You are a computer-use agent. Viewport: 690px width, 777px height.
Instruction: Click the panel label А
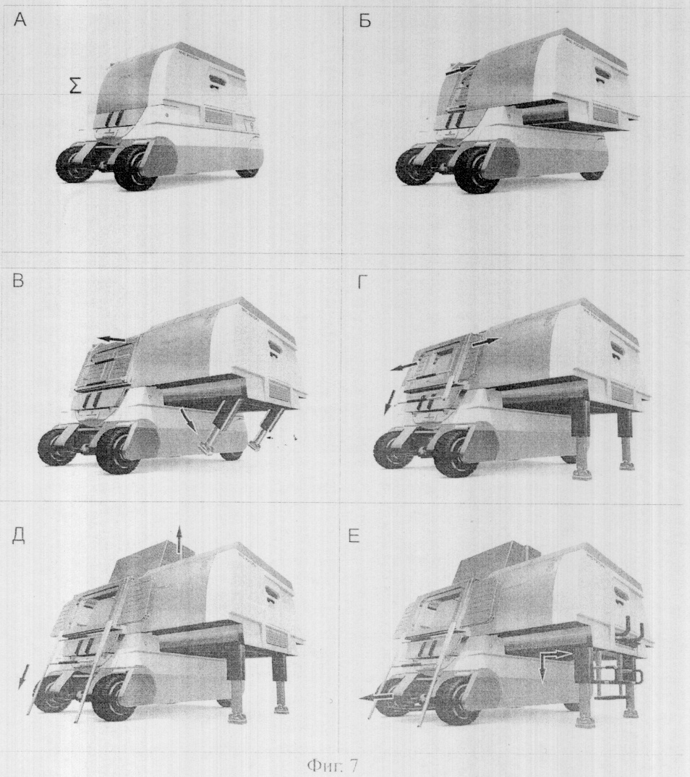coord(20,20)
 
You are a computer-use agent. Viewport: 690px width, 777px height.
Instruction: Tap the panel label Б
coord(365,21)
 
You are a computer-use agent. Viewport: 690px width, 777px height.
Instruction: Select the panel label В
coord(17,281)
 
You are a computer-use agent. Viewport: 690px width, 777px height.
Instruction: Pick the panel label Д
coord(18,537)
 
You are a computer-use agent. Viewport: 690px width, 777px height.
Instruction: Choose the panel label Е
coord(354,537)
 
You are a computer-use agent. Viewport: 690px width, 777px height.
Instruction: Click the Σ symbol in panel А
coord(75,87)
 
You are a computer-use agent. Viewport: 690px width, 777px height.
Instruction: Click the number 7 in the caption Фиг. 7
coord(352,766)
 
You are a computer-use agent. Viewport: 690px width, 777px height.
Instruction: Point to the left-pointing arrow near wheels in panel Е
coord(376,697)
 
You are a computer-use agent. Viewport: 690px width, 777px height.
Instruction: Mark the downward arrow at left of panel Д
coord(21,677)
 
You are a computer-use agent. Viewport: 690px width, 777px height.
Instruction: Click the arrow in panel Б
coord(461,69)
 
